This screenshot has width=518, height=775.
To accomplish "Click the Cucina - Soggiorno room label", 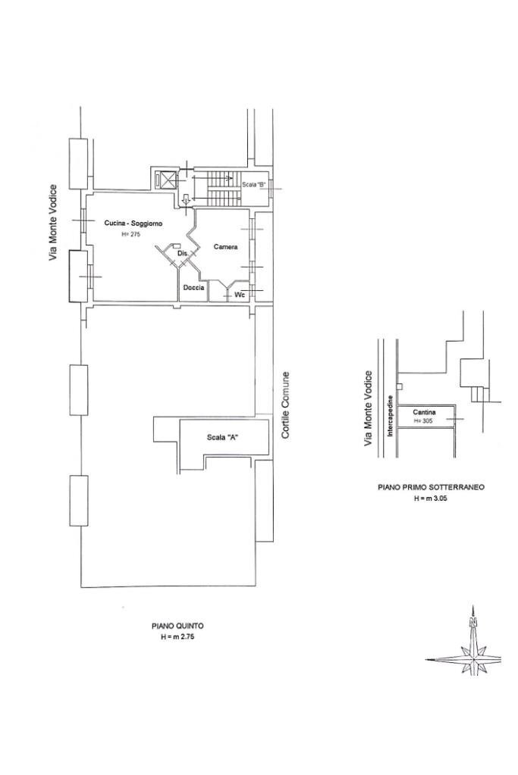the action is (133, 223).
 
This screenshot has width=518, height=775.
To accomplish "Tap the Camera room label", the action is (225, 247).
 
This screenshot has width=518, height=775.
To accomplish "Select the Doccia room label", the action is (193, 288).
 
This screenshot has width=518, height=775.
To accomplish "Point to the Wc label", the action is (240, 295).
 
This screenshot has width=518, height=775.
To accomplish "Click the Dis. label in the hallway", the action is (182, 254).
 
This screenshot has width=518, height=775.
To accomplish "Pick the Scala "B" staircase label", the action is (254, 185).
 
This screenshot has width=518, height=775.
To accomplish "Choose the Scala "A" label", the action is (223, 437).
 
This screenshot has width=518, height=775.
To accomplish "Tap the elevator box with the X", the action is (165, 180).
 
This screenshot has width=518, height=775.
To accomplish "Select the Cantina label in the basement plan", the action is (424, 412).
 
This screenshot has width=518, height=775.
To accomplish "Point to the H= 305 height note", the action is (423, 422).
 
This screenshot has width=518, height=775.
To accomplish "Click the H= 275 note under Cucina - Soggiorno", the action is (131, 235).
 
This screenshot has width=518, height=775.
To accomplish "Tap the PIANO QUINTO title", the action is (177, 626).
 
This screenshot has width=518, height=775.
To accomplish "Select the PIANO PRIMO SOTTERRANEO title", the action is (431, 487).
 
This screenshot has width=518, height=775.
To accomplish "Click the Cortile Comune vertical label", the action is (285, 405).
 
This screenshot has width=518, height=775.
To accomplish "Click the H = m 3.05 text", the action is (431, 498).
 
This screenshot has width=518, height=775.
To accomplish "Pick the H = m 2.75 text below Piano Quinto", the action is (177, 637).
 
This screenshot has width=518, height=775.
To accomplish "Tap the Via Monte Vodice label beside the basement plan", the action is (368, 409).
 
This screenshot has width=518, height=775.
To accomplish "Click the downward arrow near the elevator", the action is (186, 200).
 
